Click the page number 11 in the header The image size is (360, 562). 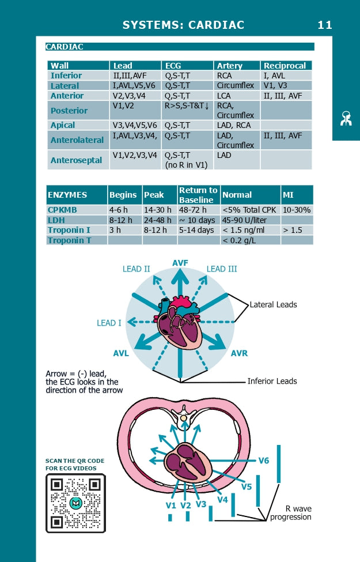(x=324, y=25)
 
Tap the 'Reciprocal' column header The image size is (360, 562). (x=285, y=66)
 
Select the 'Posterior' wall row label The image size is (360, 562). (x=69, y=111)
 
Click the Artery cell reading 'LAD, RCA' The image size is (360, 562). (x=234, y=125)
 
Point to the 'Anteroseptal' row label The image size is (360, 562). (x=76, y=160)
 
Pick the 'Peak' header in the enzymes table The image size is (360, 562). (x=154, y=195)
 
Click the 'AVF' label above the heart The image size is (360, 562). (x=181, y=263)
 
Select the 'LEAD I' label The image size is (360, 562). (x=109, y=323)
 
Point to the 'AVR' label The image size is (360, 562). (x=239, y=353)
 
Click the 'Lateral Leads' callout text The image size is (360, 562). (x=273, y=304)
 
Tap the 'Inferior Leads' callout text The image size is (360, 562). (x=272, y=381)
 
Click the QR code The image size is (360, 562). (x=75, y=503)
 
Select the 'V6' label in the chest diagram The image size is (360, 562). (x=263, y=461)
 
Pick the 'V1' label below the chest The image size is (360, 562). (x=170, y=506)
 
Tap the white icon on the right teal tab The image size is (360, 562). (x=346, y=118)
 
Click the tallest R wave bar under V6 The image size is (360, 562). (x=279, y=463)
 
